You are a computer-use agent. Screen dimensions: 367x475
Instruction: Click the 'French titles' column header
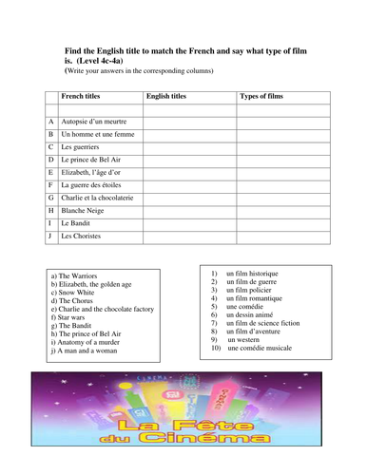(x=83, y=96)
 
